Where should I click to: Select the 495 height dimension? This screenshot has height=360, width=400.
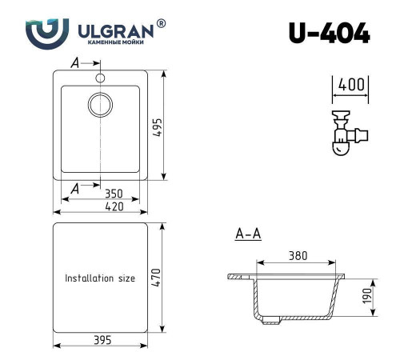(170, 126)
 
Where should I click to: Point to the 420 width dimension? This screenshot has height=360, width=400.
(100, 207)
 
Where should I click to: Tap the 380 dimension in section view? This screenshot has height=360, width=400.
(298, 257)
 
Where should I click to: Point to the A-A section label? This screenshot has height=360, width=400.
(248, 234)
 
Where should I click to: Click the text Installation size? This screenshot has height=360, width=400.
(100, 278)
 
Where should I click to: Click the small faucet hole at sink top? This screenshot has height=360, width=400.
(100, 78)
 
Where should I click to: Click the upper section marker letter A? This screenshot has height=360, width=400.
(75, 62)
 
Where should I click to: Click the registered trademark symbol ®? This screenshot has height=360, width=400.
(162, 24)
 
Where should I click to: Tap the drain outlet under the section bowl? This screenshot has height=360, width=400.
(271, 321)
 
